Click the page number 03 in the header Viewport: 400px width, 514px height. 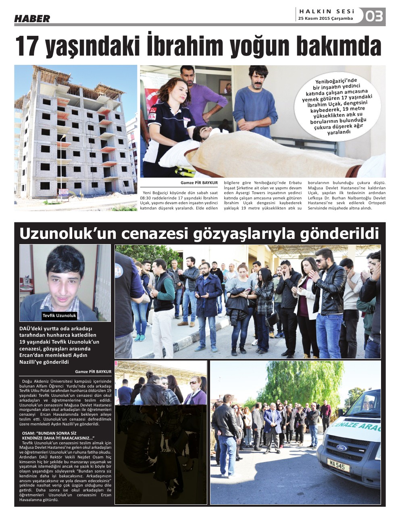(375, 17)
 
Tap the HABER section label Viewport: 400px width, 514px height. (32, 19)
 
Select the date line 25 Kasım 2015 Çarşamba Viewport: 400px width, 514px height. (325, 19)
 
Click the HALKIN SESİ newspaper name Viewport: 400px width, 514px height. (327, 12)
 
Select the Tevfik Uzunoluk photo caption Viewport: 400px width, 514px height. (59, 315)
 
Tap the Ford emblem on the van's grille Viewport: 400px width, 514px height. (342, 448)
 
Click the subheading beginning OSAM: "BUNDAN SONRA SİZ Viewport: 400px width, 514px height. (58, 435)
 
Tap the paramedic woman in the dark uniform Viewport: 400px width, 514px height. (170, 121)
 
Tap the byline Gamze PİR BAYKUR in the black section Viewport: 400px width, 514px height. (93, 371)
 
